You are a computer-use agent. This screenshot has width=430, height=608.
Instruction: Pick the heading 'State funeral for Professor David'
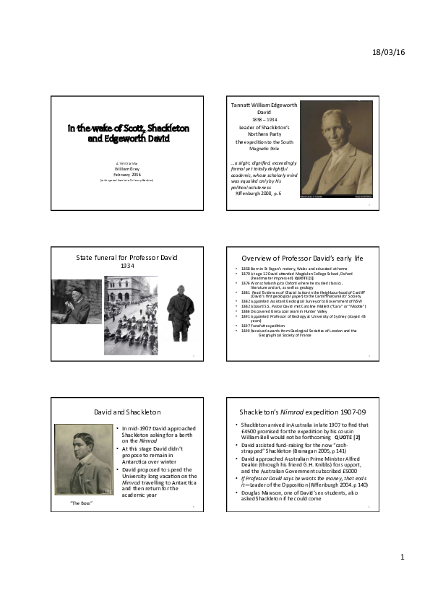pos(127,258)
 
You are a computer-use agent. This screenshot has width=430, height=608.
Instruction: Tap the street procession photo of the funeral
pos(130,306)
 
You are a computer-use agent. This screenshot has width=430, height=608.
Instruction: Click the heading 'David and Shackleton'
pos(127,412)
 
